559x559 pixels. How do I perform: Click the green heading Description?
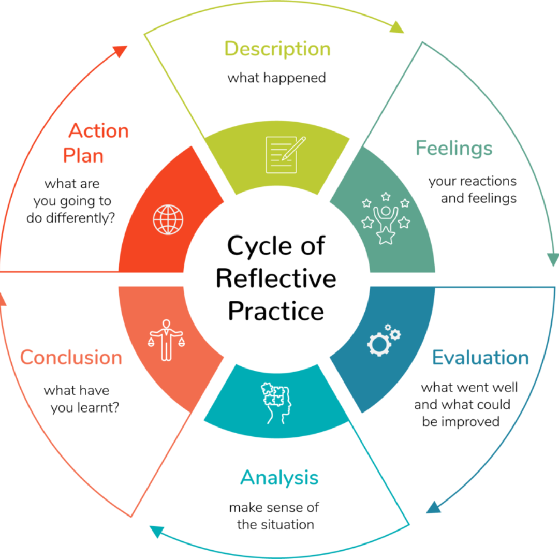[x=277, y=49]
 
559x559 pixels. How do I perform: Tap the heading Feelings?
[x=454, y=149]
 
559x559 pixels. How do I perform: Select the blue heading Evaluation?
[x=480, y=358]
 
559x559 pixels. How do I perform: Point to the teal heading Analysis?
[x=279, y=478]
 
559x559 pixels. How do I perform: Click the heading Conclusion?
[x=71, y=358]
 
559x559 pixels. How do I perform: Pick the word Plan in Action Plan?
[x=83, y=156]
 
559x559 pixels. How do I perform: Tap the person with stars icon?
[x=386, y=218]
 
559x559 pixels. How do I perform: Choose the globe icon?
[x=168, y=219]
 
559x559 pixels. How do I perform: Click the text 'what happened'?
[x=277, y=78]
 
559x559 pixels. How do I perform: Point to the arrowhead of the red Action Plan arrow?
[x=120, y=52]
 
